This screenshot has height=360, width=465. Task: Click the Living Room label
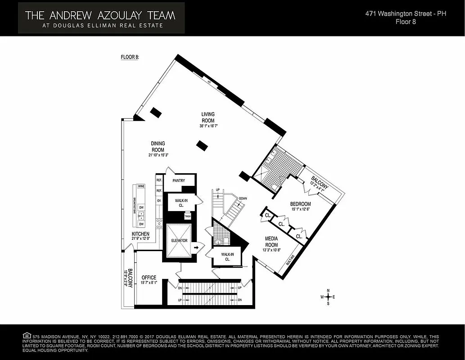tap(208, 117)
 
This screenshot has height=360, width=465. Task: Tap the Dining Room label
tap(158, 147)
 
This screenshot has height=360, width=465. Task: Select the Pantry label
tap(178, 181)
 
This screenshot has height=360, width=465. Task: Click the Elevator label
tap(179, 241)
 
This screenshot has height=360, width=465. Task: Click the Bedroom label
tap(300, 204)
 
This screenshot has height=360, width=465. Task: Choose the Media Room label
tap(271, 241)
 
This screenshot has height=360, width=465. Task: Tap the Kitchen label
tap(140, 234)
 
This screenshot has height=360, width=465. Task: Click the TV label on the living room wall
tap(209, 82)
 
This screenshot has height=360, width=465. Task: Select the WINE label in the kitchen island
tap(141, 186)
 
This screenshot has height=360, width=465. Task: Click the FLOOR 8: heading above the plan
tap(130, 57)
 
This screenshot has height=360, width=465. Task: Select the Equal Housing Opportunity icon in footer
tap(27, 336)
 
